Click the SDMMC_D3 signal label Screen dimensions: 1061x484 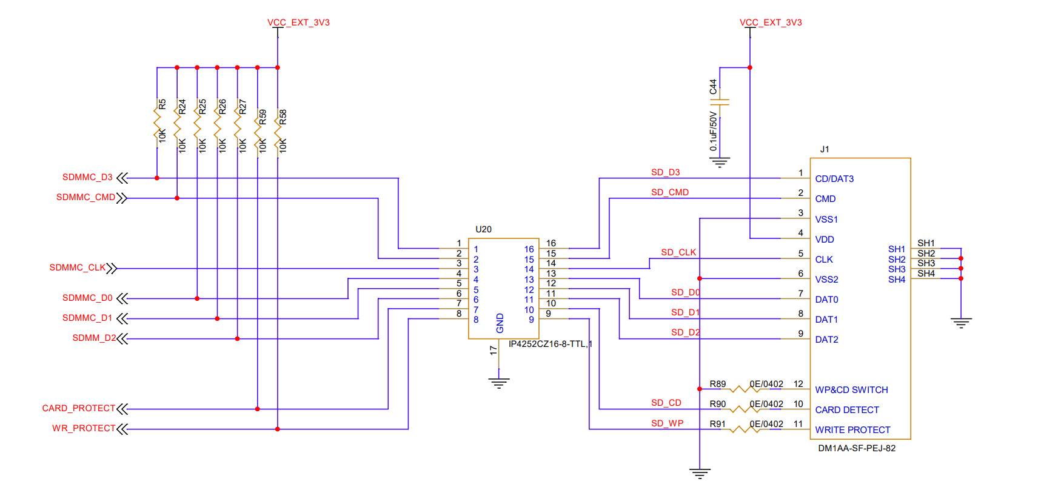tap(87, 177)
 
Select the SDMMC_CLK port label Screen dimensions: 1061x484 tap(78, 267)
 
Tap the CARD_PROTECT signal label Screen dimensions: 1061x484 tap(79, 408)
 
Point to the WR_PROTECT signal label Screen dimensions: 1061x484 tap(84, 428)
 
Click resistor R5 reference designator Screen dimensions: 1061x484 tap(162, 104)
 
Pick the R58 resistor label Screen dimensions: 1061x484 tap(283, 117)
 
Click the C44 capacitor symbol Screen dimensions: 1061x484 tap(720, 102)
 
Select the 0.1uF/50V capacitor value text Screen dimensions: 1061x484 tap(713, 131)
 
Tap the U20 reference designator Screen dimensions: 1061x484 tap(483, 229)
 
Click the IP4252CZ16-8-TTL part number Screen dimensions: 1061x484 tap(551, 344)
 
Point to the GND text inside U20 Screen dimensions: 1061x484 tap(500, 323)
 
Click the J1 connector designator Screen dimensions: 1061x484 tap(825, 149)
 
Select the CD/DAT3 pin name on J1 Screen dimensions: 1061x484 tap(834, 179)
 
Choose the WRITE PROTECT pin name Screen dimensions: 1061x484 tap(852, 430)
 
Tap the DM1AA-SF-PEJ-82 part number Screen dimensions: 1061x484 tap(857, 448)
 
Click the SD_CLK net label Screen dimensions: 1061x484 tap(678, 252)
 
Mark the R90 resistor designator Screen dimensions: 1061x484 tap(718, 404)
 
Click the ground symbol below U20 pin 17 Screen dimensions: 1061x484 tap(499, 383)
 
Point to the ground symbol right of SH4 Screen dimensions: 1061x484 tap(961, 323)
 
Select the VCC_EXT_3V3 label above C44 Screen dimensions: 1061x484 tap(771, 22)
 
